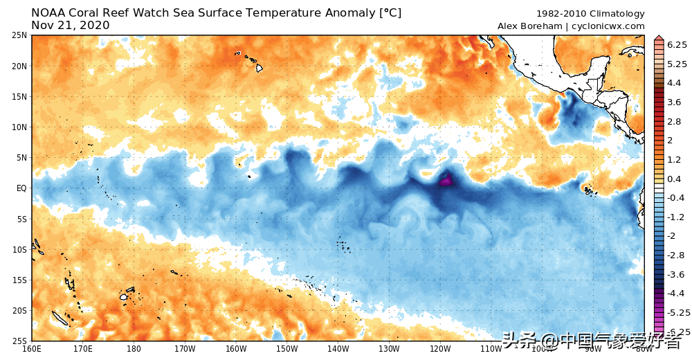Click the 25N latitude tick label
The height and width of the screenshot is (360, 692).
[x=19, y=35]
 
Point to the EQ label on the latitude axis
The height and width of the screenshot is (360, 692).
[x=21, y=188]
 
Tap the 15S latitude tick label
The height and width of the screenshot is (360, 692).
[x=19, y=280]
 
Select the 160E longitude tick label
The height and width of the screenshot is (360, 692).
[x=32, y=349]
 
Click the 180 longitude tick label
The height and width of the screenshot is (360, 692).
[x=134, y=349]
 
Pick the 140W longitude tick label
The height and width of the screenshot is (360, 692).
[x=338, y=349]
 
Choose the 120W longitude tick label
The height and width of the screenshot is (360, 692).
[x=440, y=349]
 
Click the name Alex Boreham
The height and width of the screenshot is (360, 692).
[x=529, y=26]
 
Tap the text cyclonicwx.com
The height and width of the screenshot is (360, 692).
[x=608, y=26]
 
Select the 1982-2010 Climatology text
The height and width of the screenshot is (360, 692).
[x=590, y=14]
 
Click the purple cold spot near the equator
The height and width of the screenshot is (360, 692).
[x=446, y=181]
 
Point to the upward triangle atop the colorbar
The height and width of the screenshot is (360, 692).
[x=658, y=38]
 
